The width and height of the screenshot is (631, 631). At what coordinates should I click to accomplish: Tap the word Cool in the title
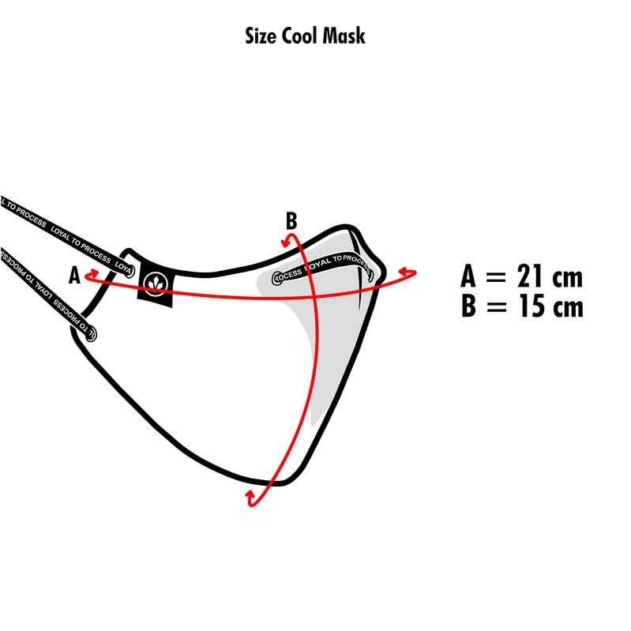click(x=301, y=36)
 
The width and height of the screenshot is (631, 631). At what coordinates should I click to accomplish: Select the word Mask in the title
click(x=344, y=36)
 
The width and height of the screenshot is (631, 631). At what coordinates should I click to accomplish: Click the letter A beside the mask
click(x=74, y=276)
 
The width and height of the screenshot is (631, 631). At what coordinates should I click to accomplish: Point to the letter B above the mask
click(x=291, y=221)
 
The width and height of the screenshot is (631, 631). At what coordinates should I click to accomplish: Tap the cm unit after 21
click(x=568, y=278)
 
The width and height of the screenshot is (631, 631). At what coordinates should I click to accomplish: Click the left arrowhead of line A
click(x=89, y=276)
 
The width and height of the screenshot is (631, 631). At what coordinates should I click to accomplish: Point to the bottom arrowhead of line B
click(x=252, y=498)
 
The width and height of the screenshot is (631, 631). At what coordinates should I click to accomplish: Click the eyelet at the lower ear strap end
click(x=90, y=333)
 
